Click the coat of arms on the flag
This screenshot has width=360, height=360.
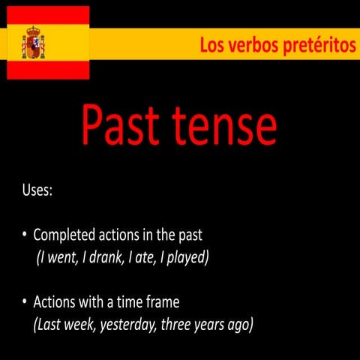tap(34, 43)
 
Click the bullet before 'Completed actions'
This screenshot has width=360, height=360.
tap(25, 235)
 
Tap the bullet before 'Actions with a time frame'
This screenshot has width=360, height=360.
tap(25, 303)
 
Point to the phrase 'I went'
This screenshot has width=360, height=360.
tap(59, 258)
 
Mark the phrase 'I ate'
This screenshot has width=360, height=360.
tap(142, 258)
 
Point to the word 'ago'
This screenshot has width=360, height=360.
tap(238, 325)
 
